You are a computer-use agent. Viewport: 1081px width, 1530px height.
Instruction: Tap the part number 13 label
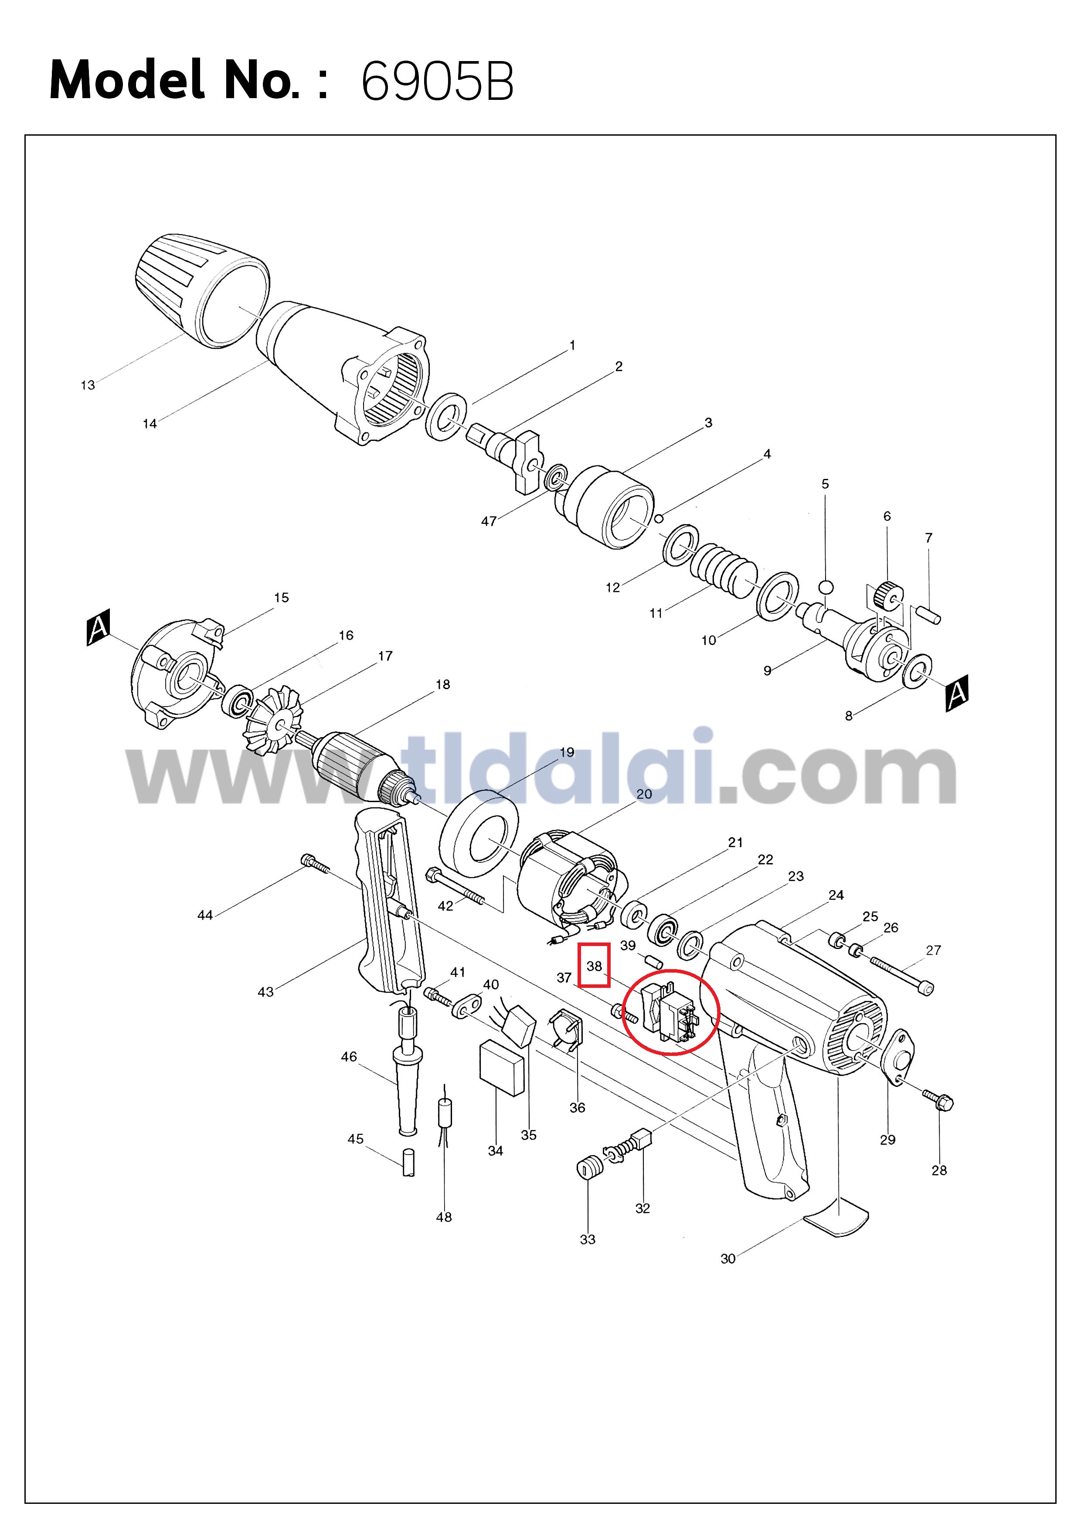point(88,385)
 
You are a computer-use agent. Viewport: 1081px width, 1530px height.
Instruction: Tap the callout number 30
point(728,1259)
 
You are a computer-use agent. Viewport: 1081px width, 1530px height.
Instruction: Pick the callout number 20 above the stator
point(644,794)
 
